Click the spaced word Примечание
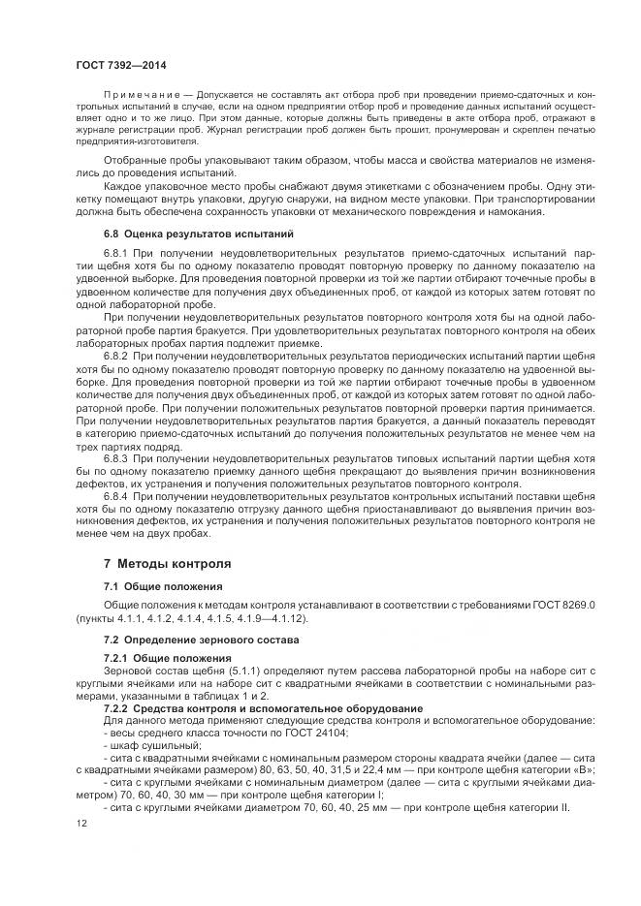point(140,98)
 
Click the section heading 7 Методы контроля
point(167,563)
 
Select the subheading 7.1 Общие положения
point(163,587)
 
